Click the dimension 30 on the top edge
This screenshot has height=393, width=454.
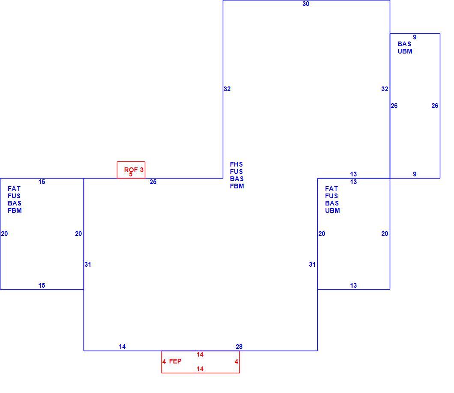306,4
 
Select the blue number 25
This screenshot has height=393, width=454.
153,182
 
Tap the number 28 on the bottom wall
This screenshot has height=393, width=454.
239,346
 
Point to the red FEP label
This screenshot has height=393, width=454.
175,361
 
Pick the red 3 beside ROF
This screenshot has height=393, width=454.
142,170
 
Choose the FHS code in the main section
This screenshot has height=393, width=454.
236,164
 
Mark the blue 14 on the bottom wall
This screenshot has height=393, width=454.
122,346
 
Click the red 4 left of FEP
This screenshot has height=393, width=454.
164,362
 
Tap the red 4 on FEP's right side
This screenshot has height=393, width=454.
236,362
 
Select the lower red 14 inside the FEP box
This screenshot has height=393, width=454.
200,369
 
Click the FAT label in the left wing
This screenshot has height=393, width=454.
14,189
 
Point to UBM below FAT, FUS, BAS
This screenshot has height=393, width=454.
332,210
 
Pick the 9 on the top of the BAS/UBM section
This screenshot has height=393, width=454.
415,37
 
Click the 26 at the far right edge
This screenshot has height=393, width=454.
435,106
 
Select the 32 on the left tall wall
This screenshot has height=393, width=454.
227,89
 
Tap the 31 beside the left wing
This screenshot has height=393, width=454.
88,264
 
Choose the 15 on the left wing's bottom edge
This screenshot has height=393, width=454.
42,286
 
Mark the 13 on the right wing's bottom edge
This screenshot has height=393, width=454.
353,286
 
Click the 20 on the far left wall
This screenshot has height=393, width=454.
4,234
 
